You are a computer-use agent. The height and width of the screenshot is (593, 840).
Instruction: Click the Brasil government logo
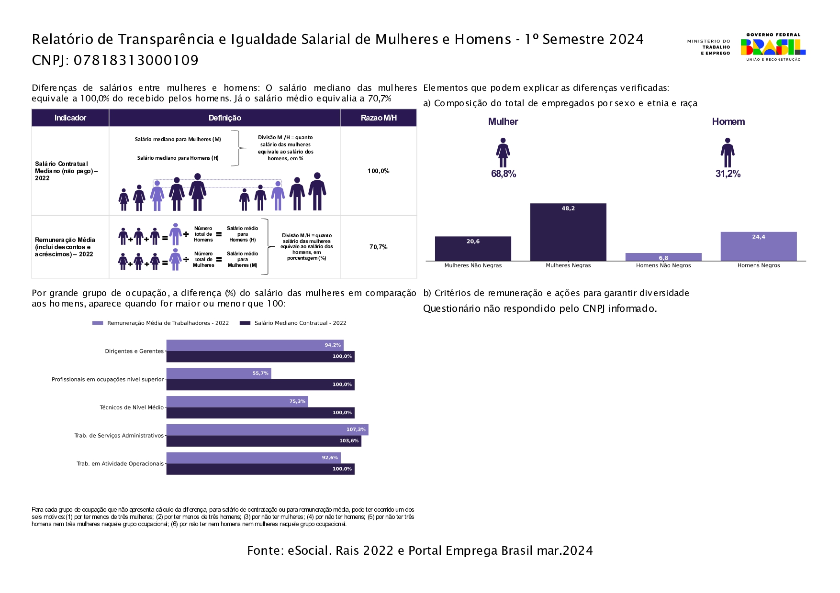[773, 47]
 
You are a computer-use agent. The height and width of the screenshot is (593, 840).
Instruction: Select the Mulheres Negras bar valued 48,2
[568, 232]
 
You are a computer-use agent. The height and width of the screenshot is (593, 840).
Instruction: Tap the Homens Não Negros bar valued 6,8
[663, 257]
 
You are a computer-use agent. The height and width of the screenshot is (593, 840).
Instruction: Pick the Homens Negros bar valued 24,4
[759, 246]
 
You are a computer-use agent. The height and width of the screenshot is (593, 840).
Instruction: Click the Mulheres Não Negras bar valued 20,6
[473, 249]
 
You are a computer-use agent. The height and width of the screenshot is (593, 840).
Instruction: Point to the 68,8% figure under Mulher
[504, 174]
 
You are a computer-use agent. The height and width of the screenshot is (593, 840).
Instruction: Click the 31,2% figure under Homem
[728, 174]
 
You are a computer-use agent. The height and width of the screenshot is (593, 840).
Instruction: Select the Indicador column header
[70, 118]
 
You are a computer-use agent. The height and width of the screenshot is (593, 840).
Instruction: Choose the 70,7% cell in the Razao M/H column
[378, 247]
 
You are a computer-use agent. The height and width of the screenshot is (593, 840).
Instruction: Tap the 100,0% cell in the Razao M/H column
[378, 171]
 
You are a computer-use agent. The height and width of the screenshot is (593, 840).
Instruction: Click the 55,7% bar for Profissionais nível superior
[219, 373]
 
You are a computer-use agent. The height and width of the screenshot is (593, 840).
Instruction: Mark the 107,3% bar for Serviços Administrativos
[267, 429]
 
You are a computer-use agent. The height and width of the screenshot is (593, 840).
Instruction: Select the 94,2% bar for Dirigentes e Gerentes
[255, 345]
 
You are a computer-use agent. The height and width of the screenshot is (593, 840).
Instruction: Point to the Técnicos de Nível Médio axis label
[132, 407]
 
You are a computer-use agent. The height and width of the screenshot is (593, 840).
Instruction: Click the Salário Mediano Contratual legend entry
[300, 323]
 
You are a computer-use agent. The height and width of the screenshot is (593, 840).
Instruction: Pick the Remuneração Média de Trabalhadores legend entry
[168, 323]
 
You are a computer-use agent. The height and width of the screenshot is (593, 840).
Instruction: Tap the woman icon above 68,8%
[503, 153]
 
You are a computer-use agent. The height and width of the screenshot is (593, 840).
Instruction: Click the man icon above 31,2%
[728, 153]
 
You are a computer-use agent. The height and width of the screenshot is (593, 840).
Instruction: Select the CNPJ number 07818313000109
[136, 60]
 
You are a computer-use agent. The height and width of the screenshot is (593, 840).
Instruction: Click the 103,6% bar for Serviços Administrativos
[264, 441]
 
